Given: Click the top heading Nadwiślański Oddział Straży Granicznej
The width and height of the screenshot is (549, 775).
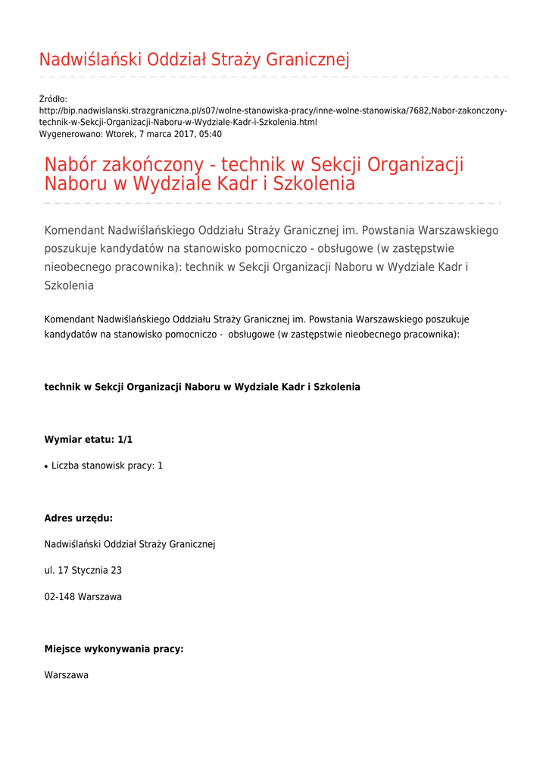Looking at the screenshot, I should pyautogui.click(x=194, y=60).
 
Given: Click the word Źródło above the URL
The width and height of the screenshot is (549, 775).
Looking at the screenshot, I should pyautogui.click(x=53, y=99).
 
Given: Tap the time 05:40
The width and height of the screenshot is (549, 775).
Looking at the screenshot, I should pyautogui.click(x=210, y=134).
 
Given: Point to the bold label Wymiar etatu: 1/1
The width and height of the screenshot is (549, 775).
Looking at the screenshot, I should pyautogui.click(x=89, y=439).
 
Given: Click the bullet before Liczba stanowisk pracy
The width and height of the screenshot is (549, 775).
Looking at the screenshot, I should pyautogui.click(x=47, y=467).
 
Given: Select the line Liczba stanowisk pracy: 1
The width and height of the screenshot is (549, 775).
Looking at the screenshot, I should pyautogui.click(x=107, y=466).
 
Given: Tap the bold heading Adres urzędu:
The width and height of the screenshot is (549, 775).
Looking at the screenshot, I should pyautogui.click(x=79, y=518).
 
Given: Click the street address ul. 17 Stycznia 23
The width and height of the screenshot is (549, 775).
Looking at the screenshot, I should pyautogui.click(x=83, y=571).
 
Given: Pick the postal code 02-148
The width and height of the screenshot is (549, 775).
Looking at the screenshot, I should pyautogui.click(x=59, y=597).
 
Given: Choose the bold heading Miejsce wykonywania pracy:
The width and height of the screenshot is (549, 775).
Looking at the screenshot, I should pyautogui.click(x=114, y=649).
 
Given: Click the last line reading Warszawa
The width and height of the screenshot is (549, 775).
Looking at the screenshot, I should pyautogui.click(x=67, y=675).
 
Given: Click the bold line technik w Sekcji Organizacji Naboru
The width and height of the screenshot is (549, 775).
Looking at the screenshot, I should pyautogui.click(x=202, y=387).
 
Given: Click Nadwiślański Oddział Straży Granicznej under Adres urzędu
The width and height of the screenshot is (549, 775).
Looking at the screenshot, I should pyautogui.click(x=130, y=544).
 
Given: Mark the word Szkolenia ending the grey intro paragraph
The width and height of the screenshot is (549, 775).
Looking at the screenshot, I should pyautogui.click(x=69, y=286).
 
